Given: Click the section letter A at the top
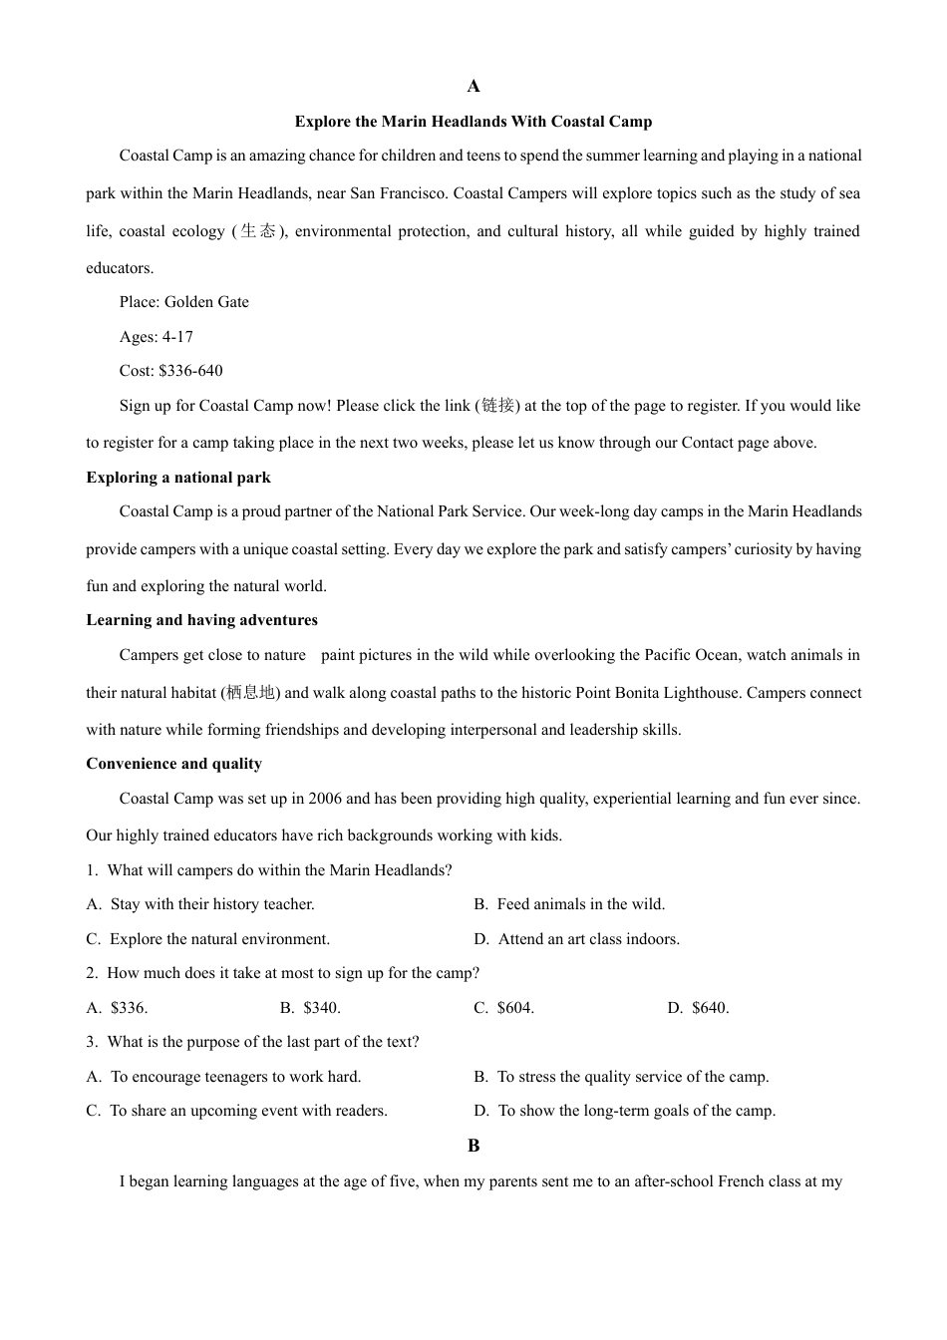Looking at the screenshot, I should click(473, 87).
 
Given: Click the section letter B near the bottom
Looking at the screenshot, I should click(473, 1146).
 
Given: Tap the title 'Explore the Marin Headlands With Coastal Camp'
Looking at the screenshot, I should click(473, 122).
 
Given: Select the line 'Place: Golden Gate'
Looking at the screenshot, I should click(184, 302).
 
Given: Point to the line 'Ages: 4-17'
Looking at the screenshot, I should click(157, 337).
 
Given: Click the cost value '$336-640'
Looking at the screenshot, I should click(190, 371).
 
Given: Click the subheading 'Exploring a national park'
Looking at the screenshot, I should click(178, 478).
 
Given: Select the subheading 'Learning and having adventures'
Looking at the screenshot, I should click(202, 620).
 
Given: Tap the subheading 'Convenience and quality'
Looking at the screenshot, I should click(174, 764).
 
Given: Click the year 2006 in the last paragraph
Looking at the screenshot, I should click(325, 799).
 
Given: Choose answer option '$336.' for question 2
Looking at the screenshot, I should click(129, 1008).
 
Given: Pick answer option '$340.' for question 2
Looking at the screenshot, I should click(322, 1008).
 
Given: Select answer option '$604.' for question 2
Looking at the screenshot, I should click(515, 1008).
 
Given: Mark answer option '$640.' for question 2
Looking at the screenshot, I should click(710, 1008).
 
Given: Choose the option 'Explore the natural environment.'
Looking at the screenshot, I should click(219, 939).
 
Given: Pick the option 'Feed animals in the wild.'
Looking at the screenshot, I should click(581, 904).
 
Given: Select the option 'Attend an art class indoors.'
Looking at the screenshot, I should click(588, 939).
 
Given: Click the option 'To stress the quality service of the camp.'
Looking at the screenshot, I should click(633, 1077).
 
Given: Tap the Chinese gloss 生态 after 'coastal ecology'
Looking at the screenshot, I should click(258, 231).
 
